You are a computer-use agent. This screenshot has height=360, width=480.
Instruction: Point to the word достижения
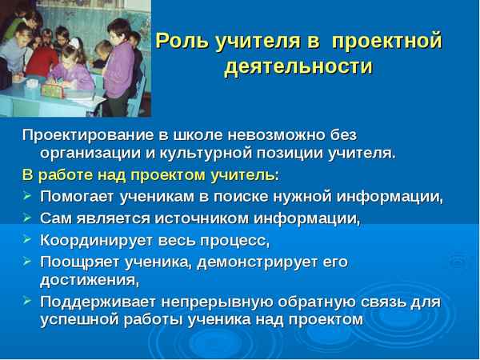click(89, 279)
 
